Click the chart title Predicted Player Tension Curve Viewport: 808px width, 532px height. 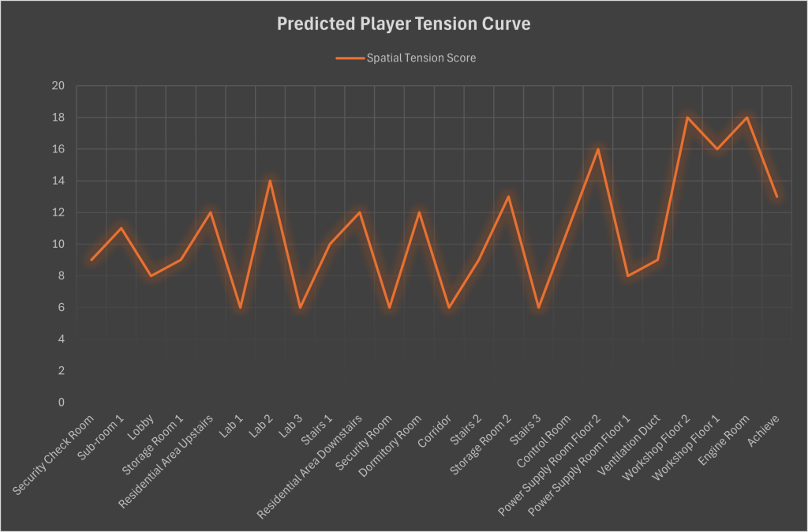pyautogui.click(x=403, y=24)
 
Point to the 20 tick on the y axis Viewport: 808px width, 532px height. pyautogui.click(x=58, y=86)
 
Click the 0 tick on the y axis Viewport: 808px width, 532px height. pyautogui.click(x=62, y=403)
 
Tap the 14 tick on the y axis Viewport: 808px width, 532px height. pyautogui.click(x=58, y=181)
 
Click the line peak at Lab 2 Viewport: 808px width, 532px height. pyautogui.click(x=270, y=181)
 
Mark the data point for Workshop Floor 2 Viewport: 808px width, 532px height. pyautogui.click(x=687, y=118)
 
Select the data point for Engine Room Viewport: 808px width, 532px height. pyautogui.click(x=746, y=118)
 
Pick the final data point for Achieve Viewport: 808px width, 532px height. pyautogui.click(x=776, y=197)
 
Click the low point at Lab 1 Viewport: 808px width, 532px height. pyautogui.click(x=240, y=307)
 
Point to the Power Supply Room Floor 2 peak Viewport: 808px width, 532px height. pyautogui.click(x=598, y=149)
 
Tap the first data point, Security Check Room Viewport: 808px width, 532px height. pyautogui.click(x=92, y=260)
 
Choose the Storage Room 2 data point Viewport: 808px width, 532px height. pyautogui.click(x=508, y=197)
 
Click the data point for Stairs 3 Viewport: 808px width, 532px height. pyautogui.click(x=538, y=307)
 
